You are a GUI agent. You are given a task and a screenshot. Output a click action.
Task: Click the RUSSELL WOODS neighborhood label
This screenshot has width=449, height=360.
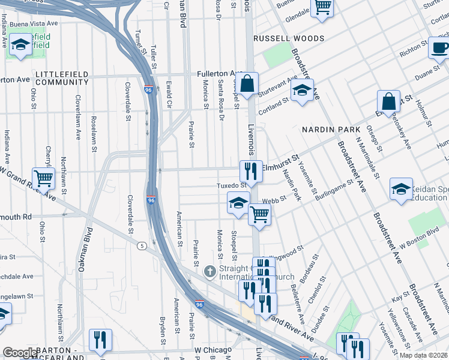pos(289,38)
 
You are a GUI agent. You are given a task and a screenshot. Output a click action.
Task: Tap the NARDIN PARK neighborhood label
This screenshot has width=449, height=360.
pos(331,130)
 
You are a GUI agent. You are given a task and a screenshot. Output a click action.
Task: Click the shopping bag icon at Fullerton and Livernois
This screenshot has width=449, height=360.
pos(247,84)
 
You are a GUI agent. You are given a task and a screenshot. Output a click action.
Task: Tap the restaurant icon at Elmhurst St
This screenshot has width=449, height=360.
pos(251,170)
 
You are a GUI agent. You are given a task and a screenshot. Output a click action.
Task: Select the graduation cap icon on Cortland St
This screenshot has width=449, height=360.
pos(302,91)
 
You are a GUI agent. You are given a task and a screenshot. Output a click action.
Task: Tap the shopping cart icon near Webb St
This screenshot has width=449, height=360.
pos(259,214)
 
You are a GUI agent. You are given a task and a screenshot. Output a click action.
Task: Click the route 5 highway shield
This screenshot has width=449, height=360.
pos(142,245)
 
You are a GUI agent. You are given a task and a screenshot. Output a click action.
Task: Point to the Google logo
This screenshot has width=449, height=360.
pos(19,352)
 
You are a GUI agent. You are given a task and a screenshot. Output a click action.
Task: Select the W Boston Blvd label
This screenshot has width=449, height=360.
pos(425,233)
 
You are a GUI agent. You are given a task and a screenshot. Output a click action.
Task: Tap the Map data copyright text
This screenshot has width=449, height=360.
pos(423,355)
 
